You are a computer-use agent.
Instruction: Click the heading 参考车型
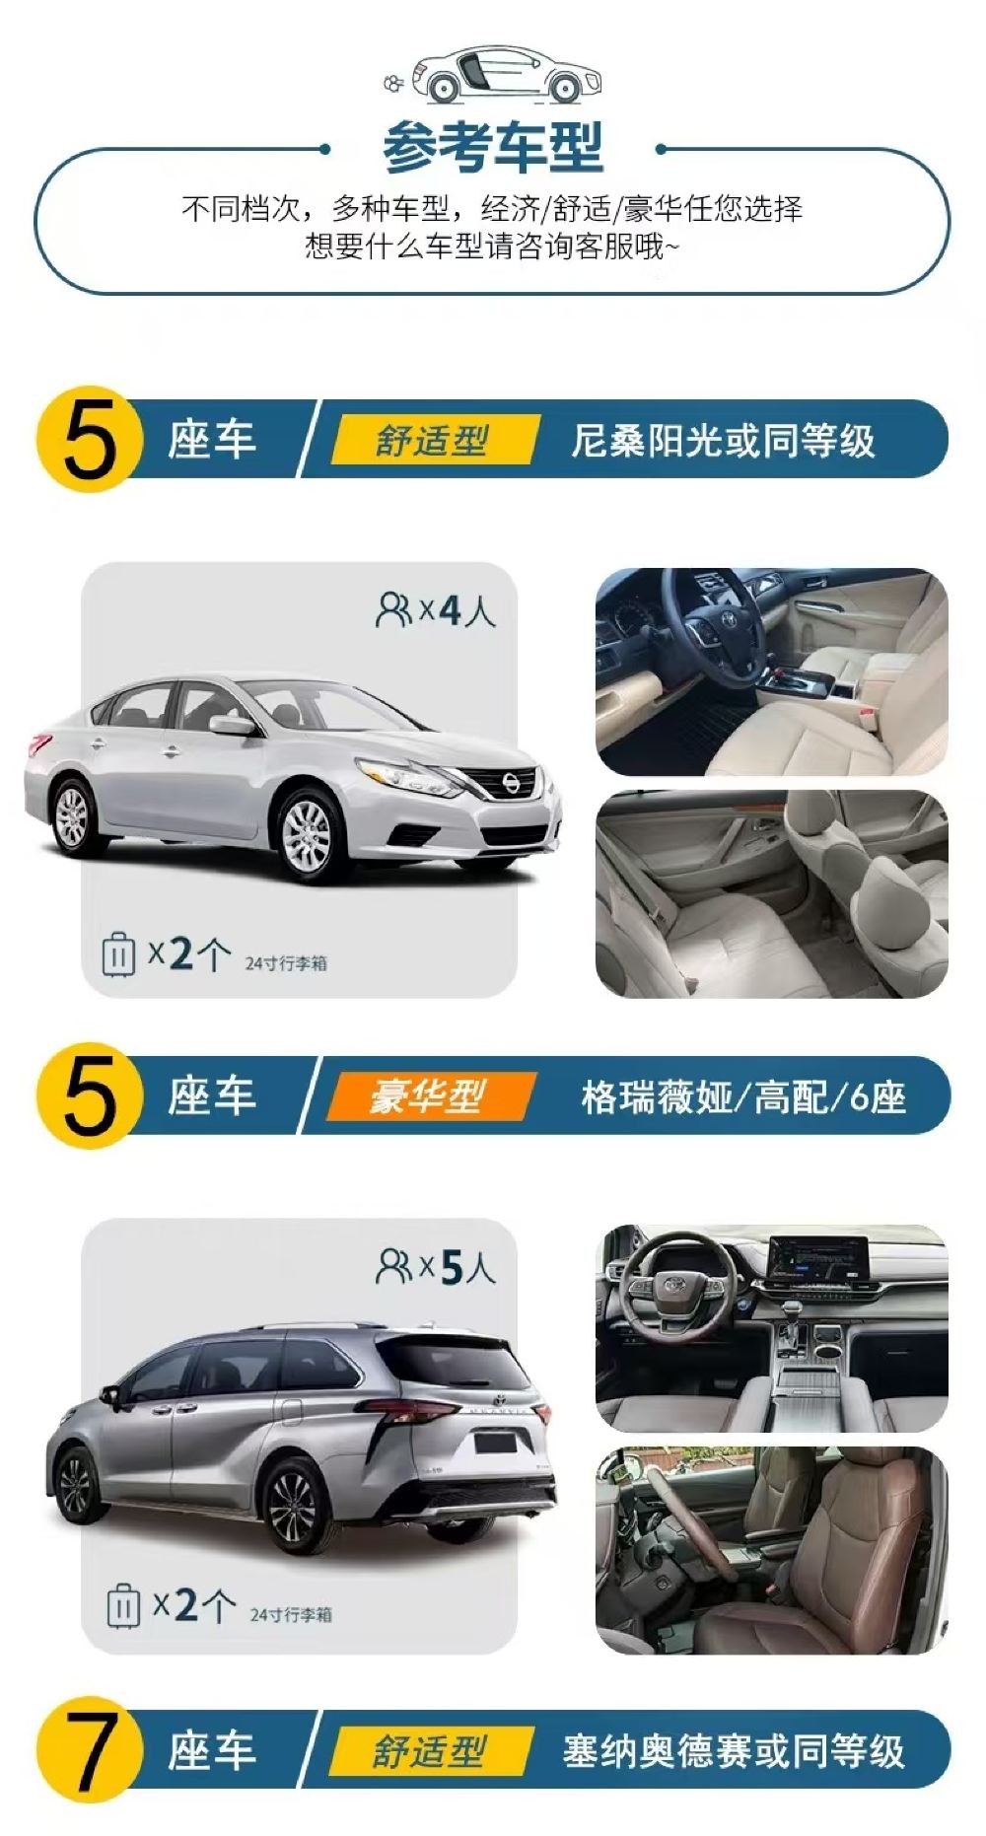click(492, 147)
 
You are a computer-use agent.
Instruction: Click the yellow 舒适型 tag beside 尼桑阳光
click(433, 440)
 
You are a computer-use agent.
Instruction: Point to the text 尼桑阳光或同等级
click(723, 441)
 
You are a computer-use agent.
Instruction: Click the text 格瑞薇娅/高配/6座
click(743, 1096)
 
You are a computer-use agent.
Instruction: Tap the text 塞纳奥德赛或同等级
click(734, 1751)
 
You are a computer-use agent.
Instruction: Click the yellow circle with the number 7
click(89, 1751)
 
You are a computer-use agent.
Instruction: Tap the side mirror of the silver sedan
click(232, 726)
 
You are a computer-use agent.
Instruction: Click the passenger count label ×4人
click(435, 610)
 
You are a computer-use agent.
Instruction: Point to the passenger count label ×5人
click(435, 1267)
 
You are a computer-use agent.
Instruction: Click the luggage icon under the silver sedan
click(118, 953)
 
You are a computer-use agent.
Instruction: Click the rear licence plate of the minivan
click(494, 1443)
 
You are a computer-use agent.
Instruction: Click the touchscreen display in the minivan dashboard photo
click(817, 1261)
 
